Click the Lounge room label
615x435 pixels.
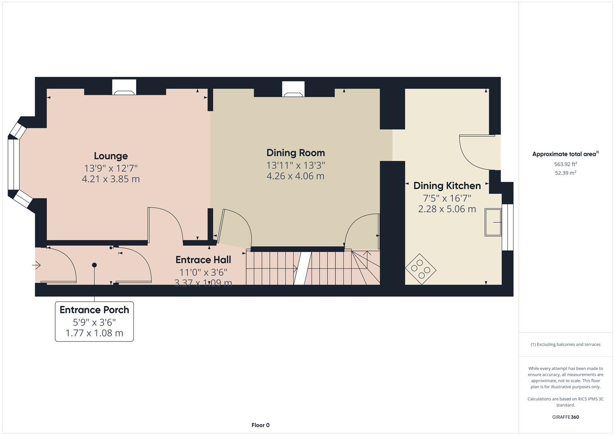point(111,156)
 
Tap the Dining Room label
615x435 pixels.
point(295,153)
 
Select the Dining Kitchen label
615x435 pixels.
point(447,186)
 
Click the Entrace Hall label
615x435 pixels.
point(203,260)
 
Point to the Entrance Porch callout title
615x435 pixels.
point(94,310)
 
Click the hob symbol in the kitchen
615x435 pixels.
point(420,269)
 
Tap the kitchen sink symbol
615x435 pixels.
point(493,222)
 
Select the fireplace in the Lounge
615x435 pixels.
point(124,87)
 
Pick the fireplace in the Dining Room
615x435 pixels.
point(293,89)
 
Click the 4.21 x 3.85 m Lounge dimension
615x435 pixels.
point(111,179)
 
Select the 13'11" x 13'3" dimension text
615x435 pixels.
point(295,165)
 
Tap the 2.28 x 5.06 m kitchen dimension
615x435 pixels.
point(447,209)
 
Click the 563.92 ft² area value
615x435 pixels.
point(565,164)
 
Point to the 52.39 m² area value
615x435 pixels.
point(565,173)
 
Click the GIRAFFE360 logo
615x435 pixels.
point(565,417)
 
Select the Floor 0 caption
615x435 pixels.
point(260,425)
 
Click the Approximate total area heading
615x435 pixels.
point(565,154)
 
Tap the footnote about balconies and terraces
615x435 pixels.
point(565,344)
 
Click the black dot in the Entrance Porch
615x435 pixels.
point(94,265)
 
